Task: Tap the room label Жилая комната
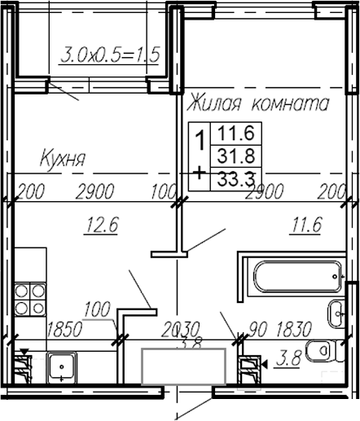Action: [x=257, y=104]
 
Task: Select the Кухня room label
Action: [x=64, y=156]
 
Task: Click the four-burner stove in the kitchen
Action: [x=29, y=299]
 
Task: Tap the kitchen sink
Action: [x=61, y=369]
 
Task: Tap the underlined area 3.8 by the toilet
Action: [x=288, y=358]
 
